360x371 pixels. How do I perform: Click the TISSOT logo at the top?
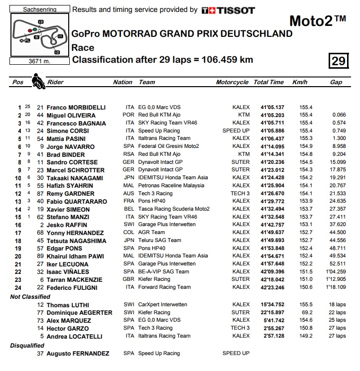[x=228, y=10]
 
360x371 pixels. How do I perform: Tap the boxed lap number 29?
[x=338, y=61]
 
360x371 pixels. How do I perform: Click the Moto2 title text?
[x=317, y=21]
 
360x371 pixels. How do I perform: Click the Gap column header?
[x=336, y=82]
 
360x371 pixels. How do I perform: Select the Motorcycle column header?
[x=232, y=82]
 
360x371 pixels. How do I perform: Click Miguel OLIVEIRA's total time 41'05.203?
[x=272, y=115]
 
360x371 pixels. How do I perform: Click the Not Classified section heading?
[x=30, y=297]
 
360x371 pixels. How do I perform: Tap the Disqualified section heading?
[x=28, y=345]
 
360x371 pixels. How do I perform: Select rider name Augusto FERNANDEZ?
[x=78, y=354]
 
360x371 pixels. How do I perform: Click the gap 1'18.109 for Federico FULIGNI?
[x=336, y=287]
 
